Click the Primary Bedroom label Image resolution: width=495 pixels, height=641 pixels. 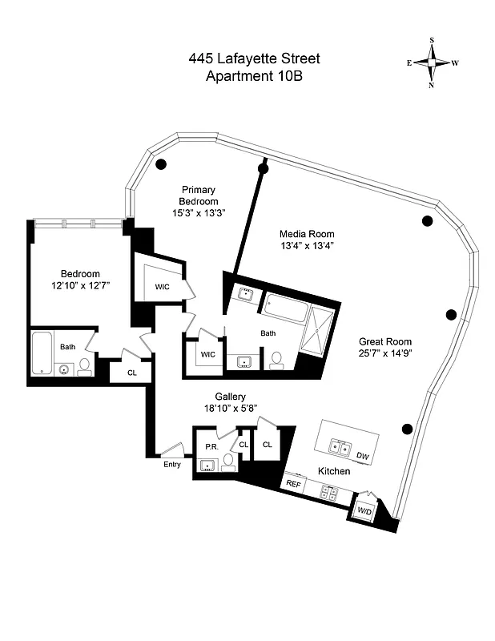[198, 196]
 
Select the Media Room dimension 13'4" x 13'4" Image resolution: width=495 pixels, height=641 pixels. [306, 246]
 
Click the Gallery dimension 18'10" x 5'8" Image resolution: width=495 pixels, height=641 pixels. [230, 409]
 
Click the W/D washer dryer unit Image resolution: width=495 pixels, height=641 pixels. [364, 510]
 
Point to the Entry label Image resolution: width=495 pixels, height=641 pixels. [171, 464]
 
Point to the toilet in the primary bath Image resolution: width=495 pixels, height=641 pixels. [277, 361]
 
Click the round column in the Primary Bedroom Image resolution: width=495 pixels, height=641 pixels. [161, 165]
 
